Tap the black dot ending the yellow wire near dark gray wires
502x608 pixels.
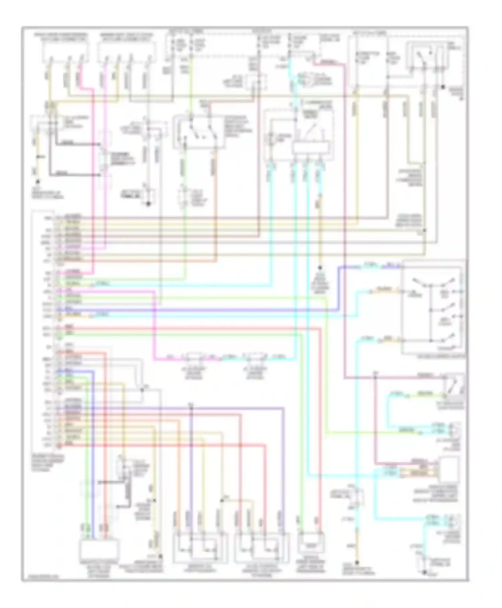(38, 181)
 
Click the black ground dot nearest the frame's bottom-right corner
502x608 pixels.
(424, 572)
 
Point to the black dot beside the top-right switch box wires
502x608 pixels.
(443, 87)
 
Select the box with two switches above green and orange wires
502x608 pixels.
(199, 132)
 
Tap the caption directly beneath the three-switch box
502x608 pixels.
(441, 357)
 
